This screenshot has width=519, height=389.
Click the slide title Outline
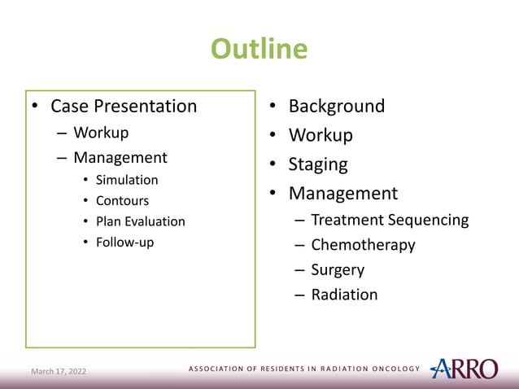(x=259, y=49)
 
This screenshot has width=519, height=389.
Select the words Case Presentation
(x=124, y=107)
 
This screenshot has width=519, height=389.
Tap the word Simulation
(x=127, y=180)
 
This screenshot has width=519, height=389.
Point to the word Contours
(x=122, y=200)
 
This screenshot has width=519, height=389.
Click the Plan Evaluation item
(x=140, y=221)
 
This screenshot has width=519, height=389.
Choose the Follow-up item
(x=124, y=242)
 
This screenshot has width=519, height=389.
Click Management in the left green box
(x=120, y=157)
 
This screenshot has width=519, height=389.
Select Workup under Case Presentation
(x=101, y=133)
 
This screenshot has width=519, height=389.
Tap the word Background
(x=337, y=107)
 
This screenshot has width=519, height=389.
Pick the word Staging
(x=318, y=164)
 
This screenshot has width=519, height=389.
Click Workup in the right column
(x=321, y=135)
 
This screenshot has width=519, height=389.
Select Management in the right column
(x=343, y=194)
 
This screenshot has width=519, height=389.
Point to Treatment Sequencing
(x=390, y=220)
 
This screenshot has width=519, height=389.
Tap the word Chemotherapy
(x=363, y=245)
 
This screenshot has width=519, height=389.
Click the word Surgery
(x=338, y=269)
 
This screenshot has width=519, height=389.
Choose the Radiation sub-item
(x=344, y=295)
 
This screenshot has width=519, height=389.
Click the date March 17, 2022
(x=58, y=372)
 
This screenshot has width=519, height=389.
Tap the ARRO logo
(x=464, y=369)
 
